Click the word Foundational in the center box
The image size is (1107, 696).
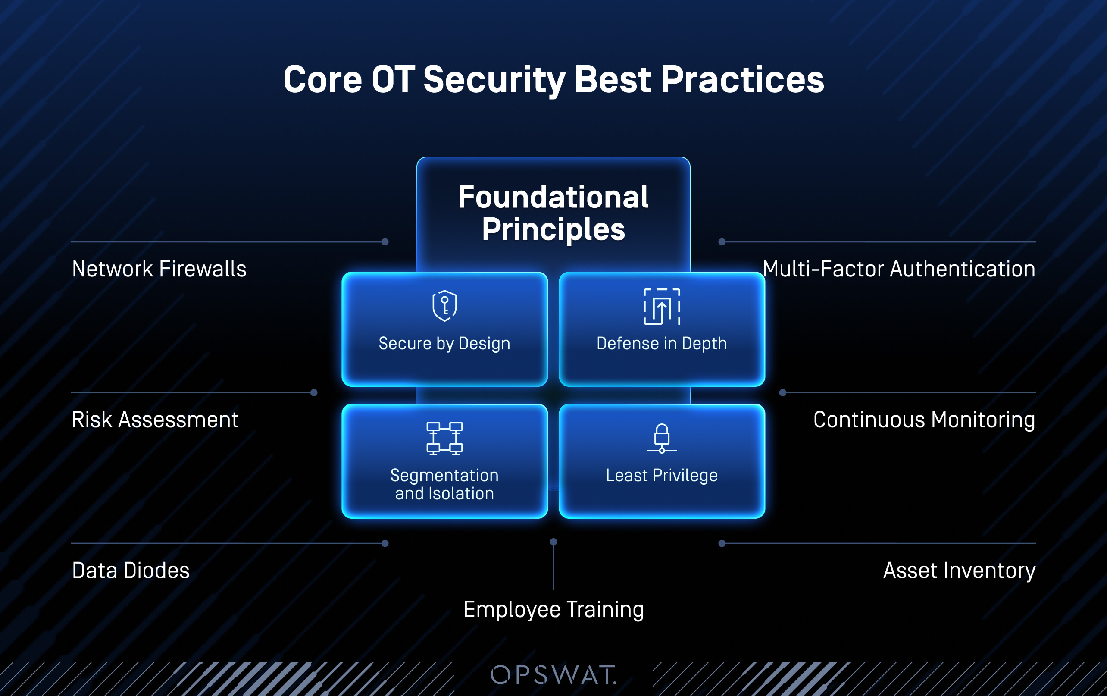tap(553, 197)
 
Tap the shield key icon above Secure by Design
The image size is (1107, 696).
tap(444, 305)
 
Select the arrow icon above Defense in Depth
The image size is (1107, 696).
tap(662, 307)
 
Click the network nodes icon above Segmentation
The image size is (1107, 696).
tap(444, 438)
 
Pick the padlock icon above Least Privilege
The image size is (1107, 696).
tap(662, 438)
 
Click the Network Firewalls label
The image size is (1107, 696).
tap(159, 269)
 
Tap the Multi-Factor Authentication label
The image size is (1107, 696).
tap(899, 269)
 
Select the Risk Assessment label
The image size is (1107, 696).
tap(155, 420)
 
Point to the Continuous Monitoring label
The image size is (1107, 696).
tap(924, 420)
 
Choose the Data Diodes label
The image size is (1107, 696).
tap(131, 571)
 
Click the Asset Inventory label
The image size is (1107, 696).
tap(959, 571)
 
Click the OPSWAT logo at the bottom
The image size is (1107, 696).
tap(553, 675)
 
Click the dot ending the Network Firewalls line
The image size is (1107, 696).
tap(385, 242)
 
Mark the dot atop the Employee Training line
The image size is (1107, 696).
tap(553, 542)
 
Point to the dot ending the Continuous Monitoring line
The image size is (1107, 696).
tap(783, 393)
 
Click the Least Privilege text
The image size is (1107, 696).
tap(662, 475)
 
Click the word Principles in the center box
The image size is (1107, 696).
tap(553, 229)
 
